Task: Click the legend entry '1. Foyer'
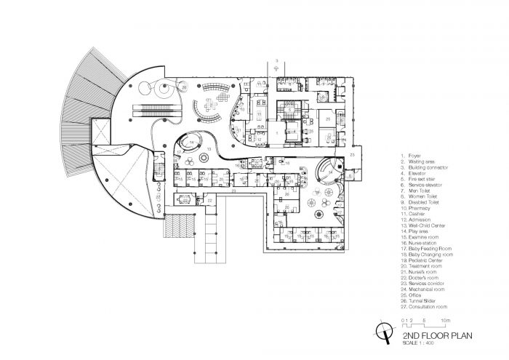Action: [x=410, y=155]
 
